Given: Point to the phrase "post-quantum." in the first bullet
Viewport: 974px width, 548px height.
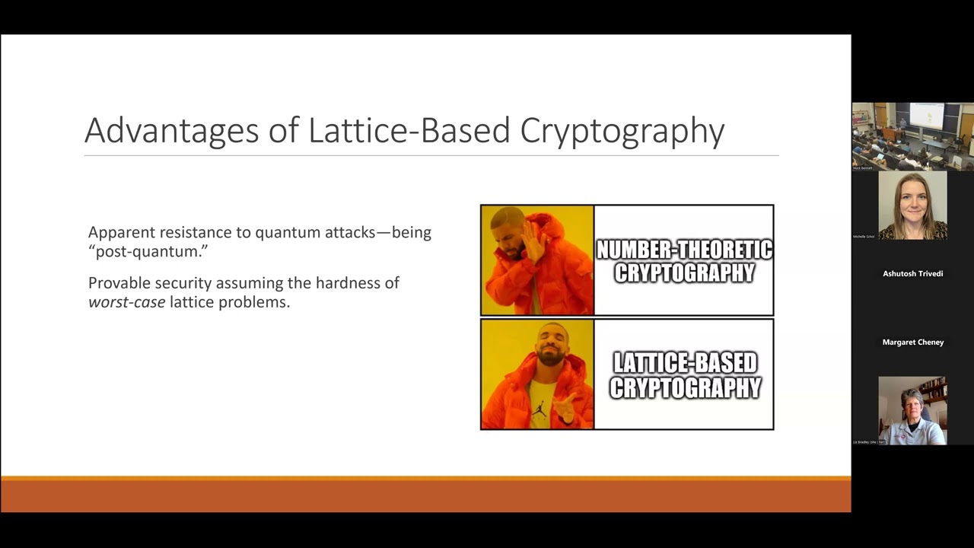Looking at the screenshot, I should [x=148, y=252].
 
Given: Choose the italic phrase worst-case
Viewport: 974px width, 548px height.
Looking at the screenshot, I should [x=126, y=302].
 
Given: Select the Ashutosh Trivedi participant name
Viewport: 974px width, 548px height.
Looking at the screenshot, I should [x=912, y=274].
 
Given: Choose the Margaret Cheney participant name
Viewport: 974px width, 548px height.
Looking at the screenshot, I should [x=912, y=342].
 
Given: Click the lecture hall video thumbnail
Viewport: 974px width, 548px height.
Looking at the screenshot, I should [x=912, y=137].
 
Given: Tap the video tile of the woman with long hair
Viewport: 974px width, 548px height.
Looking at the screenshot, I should [x=912, y=205].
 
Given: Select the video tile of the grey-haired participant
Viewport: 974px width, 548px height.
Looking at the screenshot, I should [x=912, y=411].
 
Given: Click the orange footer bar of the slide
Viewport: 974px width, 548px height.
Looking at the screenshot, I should [x=425, y=495].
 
